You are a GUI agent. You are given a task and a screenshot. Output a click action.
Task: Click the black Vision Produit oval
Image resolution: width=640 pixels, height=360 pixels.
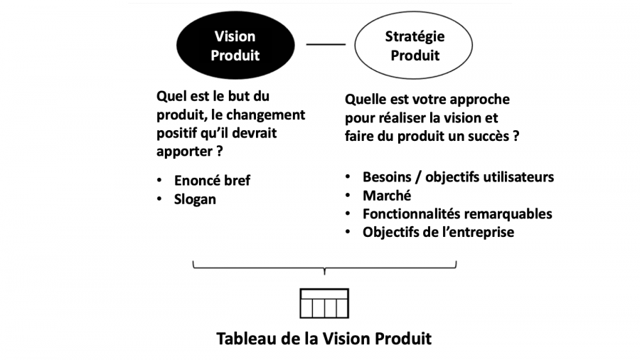(x=235, y=45)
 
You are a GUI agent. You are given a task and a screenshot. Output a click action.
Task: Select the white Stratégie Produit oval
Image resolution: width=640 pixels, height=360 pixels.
(x=413, y=45)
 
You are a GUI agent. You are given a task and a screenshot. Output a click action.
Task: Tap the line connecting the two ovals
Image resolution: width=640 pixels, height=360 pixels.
(x=326, y=44)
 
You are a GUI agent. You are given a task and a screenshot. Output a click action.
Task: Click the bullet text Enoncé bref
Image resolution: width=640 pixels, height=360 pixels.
(x=212, y=181)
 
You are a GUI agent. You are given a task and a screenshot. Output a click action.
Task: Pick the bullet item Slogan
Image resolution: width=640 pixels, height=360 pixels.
(x=195, y=199)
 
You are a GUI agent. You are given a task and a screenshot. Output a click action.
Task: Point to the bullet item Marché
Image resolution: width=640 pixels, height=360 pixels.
(x=387, y=196)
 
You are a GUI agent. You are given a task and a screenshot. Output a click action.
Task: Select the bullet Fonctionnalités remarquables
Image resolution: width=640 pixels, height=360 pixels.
(x=457, y=214)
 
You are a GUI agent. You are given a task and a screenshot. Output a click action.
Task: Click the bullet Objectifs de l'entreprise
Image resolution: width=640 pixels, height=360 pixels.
(x=438, y=232)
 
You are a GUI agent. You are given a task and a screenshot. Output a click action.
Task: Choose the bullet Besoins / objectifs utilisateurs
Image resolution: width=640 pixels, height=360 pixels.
(x=459, y=177)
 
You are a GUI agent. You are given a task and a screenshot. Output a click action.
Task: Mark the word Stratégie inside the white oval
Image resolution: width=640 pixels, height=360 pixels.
(x=415, y=36)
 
